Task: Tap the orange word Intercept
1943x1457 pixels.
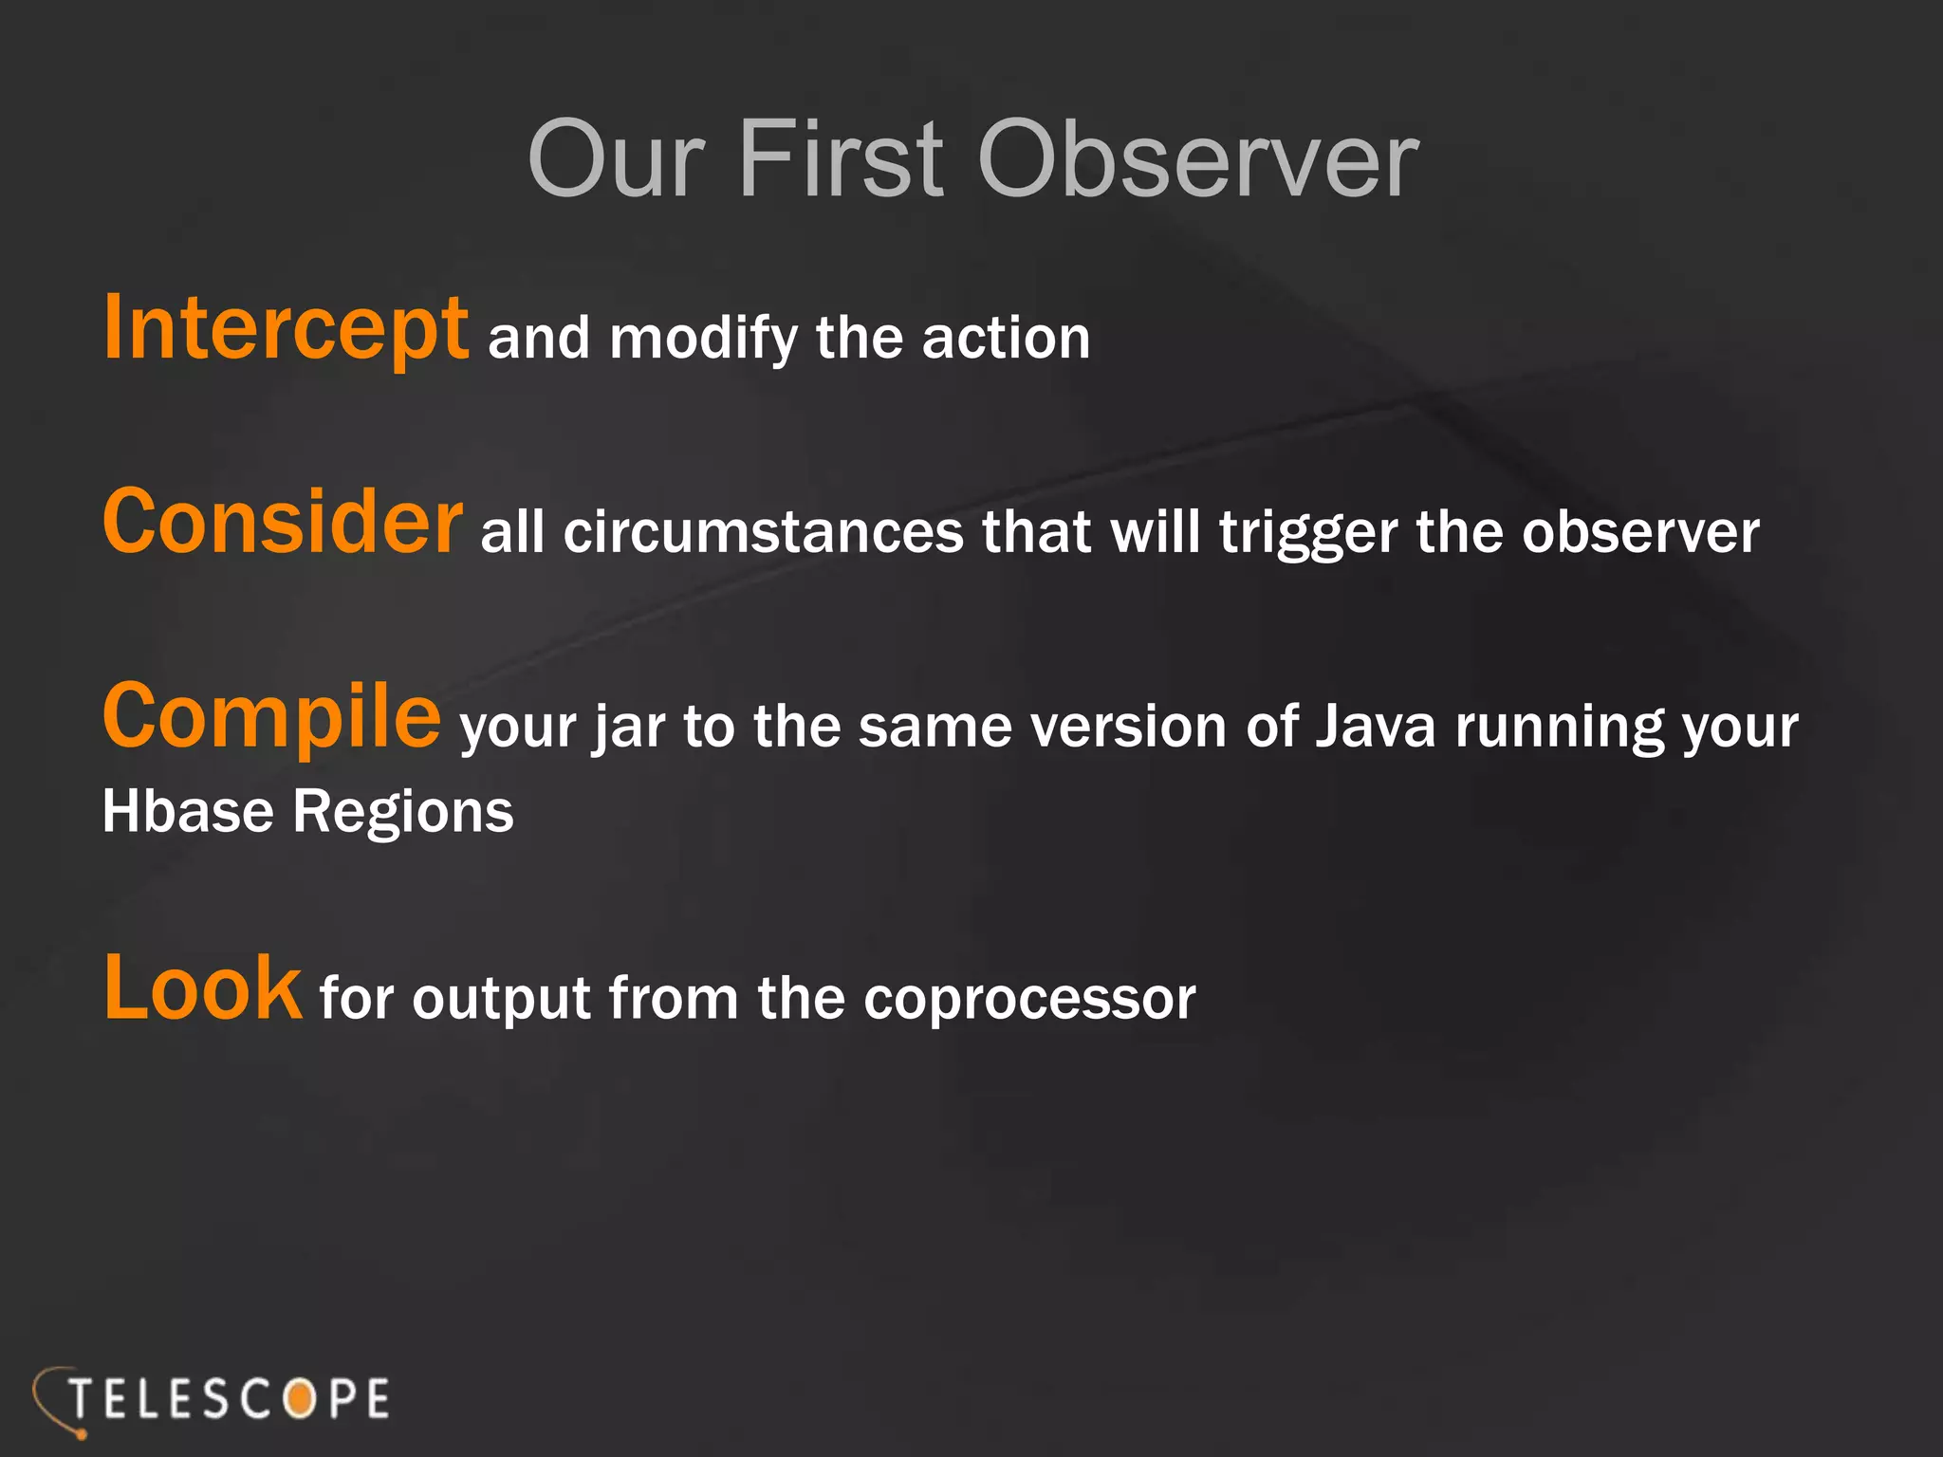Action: point(285,328)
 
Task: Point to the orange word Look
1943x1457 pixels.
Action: point(202,988)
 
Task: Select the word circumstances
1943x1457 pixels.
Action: point(763,532)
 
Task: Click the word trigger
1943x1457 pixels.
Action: point(1307,534)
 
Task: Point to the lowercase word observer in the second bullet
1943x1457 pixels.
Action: point(1640,532)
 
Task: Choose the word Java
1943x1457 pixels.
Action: point(1375,727)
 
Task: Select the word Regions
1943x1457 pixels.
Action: point(403,814)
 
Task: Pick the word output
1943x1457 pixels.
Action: point(502,1000)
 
